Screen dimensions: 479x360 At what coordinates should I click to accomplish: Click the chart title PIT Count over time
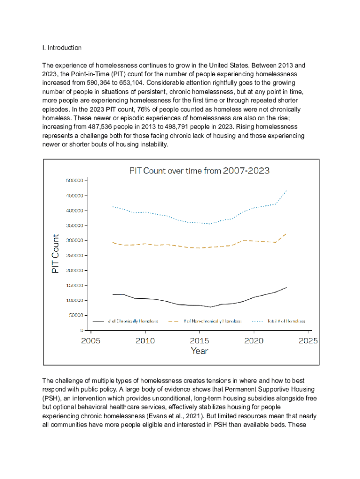tap(199, 171)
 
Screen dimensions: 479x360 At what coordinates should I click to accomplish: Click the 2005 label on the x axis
tap(91, 341)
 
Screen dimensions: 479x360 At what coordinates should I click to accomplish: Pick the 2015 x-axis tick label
tap(199, 341)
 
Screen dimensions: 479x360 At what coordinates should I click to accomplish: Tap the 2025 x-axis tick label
tap(308, 341)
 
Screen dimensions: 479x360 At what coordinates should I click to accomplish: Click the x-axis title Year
tap(199, 351)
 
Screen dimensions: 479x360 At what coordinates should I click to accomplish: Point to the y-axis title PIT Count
tap(55, 254)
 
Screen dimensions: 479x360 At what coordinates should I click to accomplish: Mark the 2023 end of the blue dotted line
tap(286, 190)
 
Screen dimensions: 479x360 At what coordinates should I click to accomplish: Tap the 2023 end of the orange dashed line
tap(286, 233)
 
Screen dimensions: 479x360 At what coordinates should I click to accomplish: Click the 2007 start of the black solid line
tap(113, 294)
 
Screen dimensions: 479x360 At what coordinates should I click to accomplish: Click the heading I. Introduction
tap(62, 48)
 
